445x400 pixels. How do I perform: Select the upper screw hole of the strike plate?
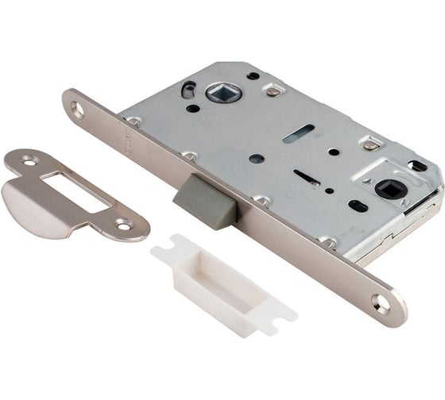tap(29, 161)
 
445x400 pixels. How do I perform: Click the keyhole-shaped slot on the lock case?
tap(307, 177)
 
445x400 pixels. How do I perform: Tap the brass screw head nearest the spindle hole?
tap(272, 91)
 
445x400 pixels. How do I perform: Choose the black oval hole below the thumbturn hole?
tap(358, 206)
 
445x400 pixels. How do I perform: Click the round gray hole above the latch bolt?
tap(256, 158)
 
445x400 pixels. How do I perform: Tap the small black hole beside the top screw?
tap(253, 75)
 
